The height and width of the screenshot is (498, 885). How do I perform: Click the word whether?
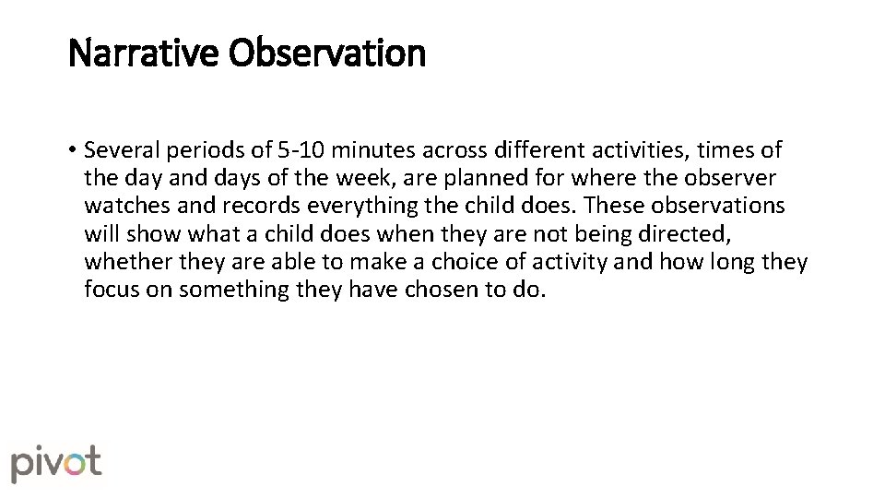coord(122,262)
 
